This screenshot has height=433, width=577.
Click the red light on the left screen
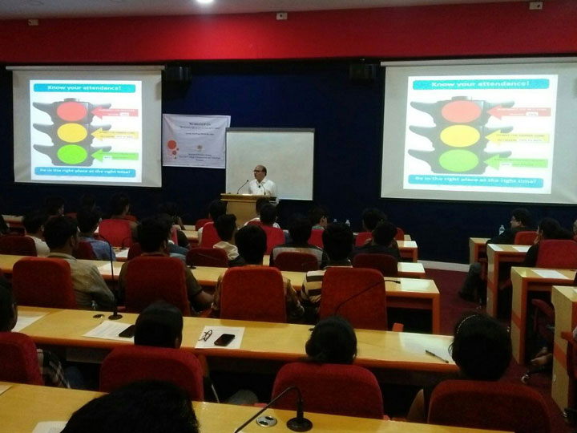pos(72,111)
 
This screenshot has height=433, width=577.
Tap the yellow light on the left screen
pos(72,132)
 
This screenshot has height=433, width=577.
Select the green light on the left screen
pos(72,153)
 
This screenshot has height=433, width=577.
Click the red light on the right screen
pos(461,111)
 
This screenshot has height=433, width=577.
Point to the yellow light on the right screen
pos(460,136)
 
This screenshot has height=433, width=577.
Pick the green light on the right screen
pos(459,160)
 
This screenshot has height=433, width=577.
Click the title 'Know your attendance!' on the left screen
pos(84,87)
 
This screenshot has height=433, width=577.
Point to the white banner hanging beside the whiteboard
pos(195,140)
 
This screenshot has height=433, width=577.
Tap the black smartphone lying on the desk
pos(224,339)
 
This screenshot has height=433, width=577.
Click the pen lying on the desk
pos(437,355)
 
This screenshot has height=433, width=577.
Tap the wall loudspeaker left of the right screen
pos(362,72)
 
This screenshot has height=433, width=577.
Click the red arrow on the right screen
pos(524,112)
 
